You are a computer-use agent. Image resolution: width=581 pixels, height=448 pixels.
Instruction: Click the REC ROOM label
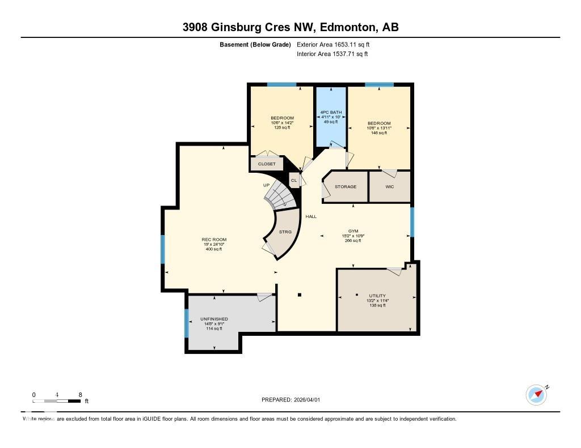(214, 240)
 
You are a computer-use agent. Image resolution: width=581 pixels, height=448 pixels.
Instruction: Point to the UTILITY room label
(377, 296)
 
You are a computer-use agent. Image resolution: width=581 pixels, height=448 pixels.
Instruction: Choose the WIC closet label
(389, 186)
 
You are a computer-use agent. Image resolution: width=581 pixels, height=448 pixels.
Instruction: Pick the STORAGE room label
(345, 186)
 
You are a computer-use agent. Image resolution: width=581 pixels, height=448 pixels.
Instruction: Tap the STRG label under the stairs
(285, 232)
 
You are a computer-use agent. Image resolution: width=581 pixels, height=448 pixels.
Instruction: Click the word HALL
(311, 216)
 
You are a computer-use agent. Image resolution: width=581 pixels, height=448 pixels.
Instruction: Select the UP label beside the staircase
(266, 185)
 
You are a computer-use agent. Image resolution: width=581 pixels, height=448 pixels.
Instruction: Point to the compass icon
(536, 395)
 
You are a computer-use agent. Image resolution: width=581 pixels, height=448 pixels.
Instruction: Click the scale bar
(57, 401)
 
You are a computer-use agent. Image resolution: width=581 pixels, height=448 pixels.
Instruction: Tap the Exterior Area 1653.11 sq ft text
(334, 44)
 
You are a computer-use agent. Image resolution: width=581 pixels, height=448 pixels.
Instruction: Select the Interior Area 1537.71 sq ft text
(332, 54)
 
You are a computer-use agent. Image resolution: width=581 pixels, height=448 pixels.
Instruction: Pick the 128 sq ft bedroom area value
(282, 127)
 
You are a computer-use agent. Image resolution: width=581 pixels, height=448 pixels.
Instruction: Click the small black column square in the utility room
(356, 295)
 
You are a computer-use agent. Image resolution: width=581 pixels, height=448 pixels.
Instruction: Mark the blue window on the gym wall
(412, 221)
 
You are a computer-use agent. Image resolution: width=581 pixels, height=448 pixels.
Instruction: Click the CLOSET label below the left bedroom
(267, 164)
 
